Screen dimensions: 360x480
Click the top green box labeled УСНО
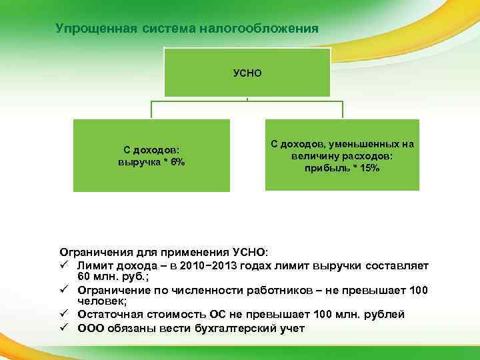pos(247,72)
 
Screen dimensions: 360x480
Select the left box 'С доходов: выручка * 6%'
pos(151,155)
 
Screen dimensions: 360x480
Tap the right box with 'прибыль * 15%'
pos(342,155)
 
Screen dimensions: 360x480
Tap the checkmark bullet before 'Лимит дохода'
pos(65,266)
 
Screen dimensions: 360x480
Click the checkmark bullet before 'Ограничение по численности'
pos(65,291)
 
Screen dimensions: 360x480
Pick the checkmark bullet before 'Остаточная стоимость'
pos(65,315)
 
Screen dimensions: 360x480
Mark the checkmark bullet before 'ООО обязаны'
pos(65,327)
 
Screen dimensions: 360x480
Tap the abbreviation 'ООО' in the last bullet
pos(90,327)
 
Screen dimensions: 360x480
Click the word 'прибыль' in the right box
pos(323,168)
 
